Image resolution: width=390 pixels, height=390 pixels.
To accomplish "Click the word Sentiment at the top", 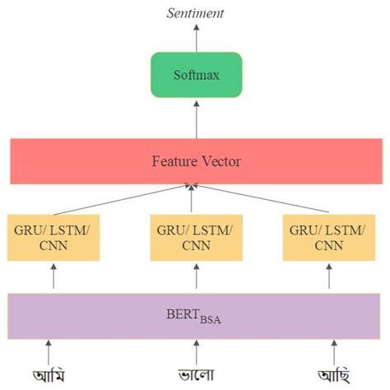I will pyautogui.click(x=195, y=12).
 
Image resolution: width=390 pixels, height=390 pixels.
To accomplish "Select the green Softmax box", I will pyautogui.click(x=196, y=75).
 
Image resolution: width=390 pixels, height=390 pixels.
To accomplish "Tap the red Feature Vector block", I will pyautogui.click(x=196, y=161).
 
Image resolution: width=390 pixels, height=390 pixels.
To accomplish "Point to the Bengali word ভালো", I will pyautogui.click(x=196, y=374).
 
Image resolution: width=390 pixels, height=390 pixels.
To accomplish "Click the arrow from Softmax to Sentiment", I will pyautogui.click(x=196, y=37).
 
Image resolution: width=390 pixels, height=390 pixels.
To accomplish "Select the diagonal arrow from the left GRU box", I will pyautogui.click(x=123, y=200).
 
